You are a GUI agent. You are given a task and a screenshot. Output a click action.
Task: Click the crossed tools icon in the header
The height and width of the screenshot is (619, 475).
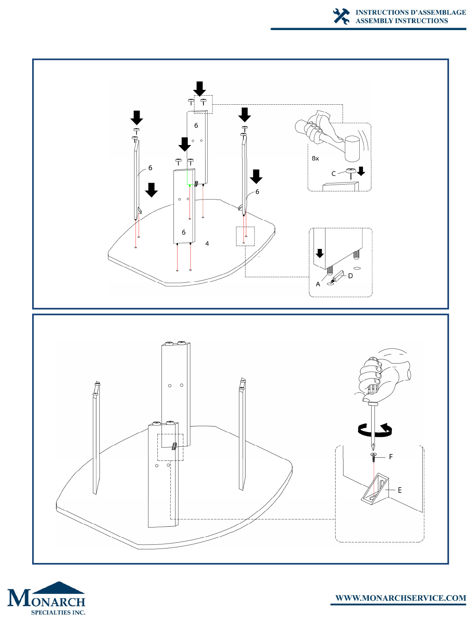click(x=341, y=16)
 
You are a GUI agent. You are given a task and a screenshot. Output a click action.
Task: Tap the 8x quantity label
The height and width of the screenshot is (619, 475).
click(x=315, y=158)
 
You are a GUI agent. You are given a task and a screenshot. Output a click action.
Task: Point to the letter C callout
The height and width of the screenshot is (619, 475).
click(x=333, y=174)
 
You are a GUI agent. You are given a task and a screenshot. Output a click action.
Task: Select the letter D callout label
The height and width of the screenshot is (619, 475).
click(x=351, y=276)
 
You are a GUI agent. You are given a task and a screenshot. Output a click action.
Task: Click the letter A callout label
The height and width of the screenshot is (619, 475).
click(x=318, y=284)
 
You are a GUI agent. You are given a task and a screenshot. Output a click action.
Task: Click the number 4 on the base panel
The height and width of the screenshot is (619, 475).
click(x=207, y=244)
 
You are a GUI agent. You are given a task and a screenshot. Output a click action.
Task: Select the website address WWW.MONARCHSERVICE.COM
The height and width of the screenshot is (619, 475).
click(x=400, y=598)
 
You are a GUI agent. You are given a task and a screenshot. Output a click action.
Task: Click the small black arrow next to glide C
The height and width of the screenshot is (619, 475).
click(x=361, y=171)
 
